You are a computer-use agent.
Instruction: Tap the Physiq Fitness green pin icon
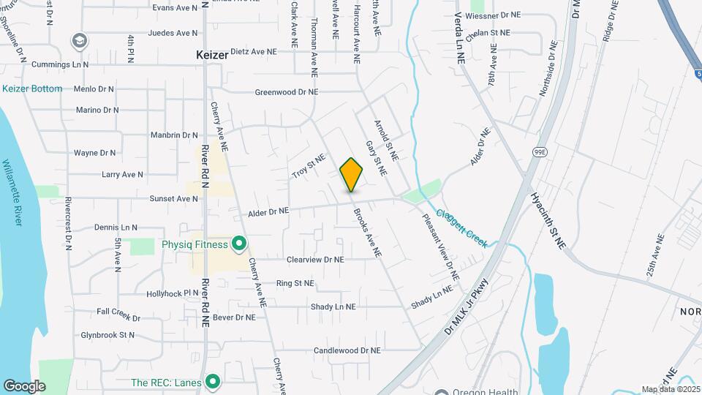click(x=238, y=243)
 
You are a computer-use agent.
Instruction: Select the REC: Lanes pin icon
click(x=213, y=381)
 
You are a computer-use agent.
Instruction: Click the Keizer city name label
click(x=212, y=55)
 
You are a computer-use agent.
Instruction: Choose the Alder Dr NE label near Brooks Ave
click(x=268, y=211)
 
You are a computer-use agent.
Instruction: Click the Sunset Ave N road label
click(x=154, y=198)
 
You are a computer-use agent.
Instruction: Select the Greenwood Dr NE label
click(x=287, y=92)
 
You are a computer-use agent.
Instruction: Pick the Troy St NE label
click(x=308, y=166)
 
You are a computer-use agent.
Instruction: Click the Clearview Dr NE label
click(x=315, y=259)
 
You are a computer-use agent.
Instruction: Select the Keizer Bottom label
click(x=32, y=89)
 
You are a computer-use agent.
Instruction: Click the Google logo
click(x=24, y=385)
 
